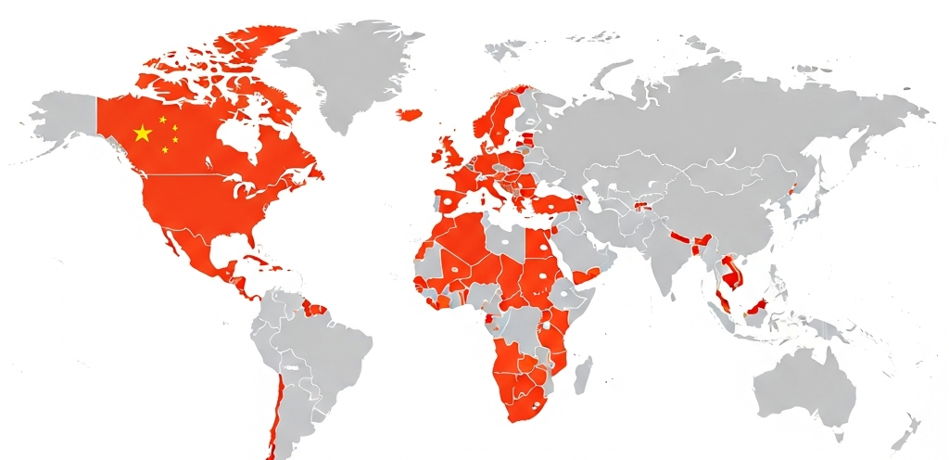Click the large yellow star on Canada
143,134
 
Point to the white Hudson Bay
242,139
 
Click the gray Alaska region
65,116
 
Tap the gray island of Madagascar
582,375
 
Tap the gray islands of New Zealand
904,432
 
